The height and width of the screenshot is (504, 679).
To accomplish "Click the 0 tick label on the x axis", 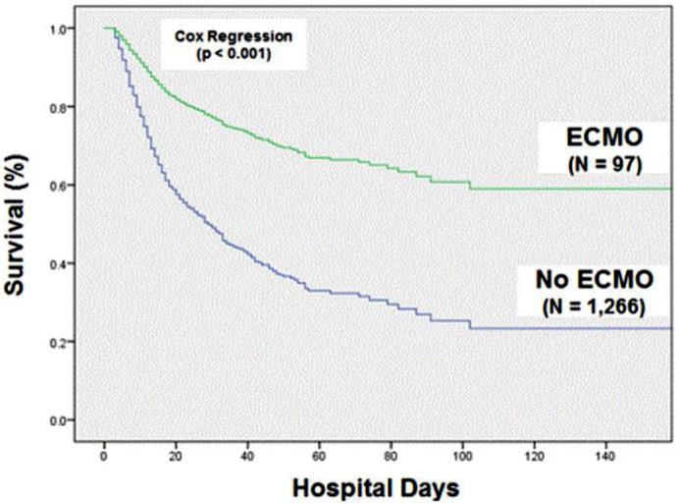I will (x=104, y=457).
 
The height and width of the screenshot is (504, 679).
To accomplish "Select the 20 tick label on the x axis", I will (x=177, y=457).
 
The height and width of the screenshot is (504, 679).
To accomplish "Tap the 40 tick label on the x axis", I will (x=249, y=457).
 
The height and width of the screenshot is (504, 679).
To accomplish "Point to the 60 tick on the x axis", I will (x=323, y=457).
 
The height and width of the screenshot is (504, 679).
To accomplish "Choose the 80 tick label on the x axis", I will (x=395, y=457).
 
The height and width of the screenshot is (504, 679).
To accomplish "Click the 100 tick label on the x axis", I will (x=468, y=457).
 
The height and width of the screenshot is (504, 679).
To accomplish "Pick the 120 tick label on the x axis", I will (x=542, y=457).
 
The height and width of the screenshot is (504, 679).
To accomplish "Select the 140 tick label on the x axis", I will (x=614, y=457).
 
